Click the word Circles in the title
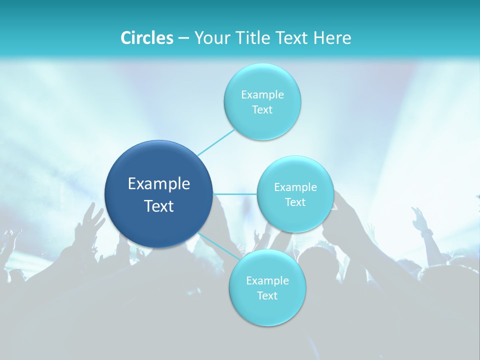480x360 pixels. click(x=146, y=38)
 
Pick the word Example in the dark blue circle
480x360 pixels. click(x=159, y=184)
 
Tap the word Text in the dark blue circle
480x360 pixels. click(x=159, y=206)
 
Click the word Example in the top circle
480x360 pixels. click(x=262, y=94)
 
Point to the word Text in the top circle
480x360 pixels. click(x=262, y=110)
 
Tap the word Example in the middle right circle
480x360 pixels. click(x=295, y=187)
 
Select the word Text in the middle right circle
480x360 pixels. click(x=295, y=202)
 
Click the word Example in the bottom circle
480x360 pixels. click(x=267, y=281)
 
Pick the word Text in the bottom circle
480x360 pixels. click(x=267, y=296)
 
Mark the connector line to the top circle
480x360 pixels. click(x=216, y=142)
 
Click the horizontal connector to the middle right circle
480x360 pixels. click(x=235, y=194)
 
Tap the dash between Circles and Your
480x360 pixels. click(x=183, y=38)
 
